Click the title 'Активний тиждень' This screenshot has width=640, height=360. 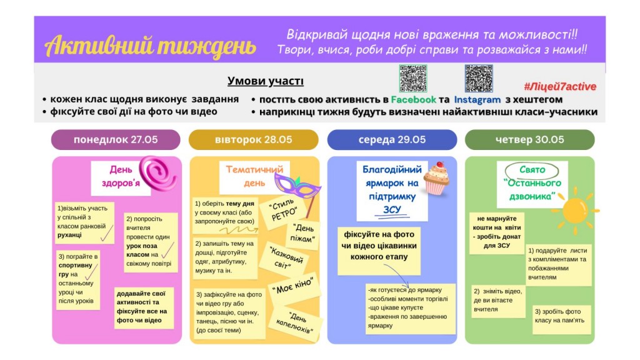(150, 46)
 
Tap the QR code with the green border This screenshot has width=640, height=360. (413, 78)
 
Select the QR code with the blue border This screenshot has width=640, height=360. (479, 78)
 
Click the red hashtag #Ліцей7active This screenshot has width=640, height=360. (560, 86)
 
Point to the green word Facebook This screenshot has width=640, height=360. (414, 99)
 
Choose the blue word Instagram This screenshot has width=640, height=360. (477, 99)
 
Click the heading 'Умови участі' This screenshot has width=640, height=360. (265, 81)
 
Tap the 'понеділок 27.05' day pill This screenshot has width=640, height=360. (116, 139)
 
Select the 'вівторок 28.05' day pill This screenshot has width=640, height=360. (254, 139)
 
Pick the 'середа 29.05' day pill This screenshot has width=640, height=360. (392, 139)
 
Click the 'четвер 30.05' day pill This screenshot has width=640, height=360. (529, 139)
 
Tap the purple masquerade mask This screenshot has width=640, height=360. (297, 187)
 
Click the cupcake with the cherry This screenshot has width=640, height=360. (436, 178)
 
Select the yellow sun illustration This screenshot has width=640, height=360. (575, 211)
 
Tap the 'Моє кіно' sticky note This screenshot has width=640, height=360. (292, 287)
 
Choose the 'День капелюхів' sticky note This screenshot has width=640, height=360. (295, 323)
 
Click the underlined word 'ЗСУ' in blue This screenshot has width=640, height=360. (392, 210)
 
